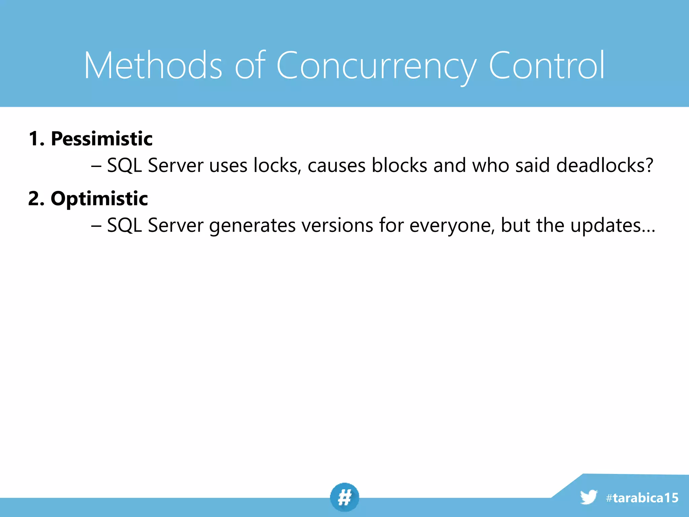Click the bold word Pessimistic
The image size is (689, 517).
pos(102,139)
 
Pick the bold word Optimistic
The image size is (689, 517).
pos(99,199)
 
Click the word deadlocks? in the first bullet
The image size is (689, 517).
pos(605,165)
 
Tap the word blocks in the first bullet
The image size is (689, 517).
pos(399,165)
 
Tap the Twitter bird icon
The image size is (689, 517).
pos(588,497)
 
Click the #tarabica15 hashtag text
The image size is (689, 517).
pos(642,498)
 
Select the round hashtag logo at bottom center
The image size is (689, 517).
pos(344,497)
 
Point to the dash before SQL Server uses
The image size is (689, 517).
pos(96,166)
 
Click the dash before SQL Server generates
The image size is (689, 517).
pos(96,226)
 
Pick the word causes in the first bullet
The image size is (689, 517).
pos(336,166)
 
